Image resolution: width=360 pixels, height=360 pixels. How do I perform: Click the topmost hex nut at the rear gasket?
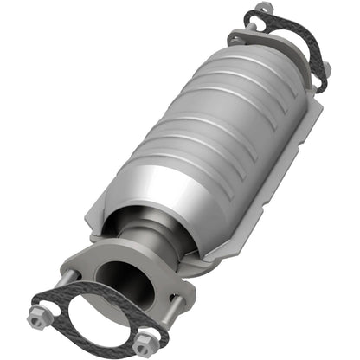pos(264,9)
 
